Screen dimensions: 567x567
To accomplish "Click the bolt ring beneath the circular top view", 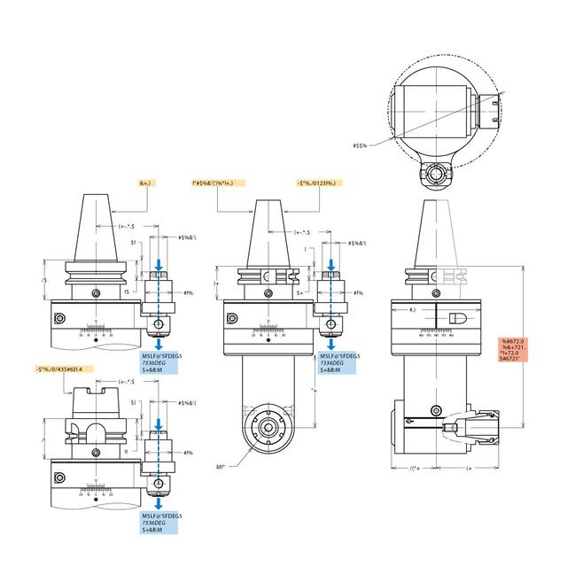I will point(437,173).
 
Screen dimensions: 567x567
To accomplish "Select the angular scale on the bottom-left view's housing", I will point(93,486).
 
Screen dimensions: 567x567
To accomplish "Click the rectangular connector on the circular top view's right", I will point(492,111).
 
